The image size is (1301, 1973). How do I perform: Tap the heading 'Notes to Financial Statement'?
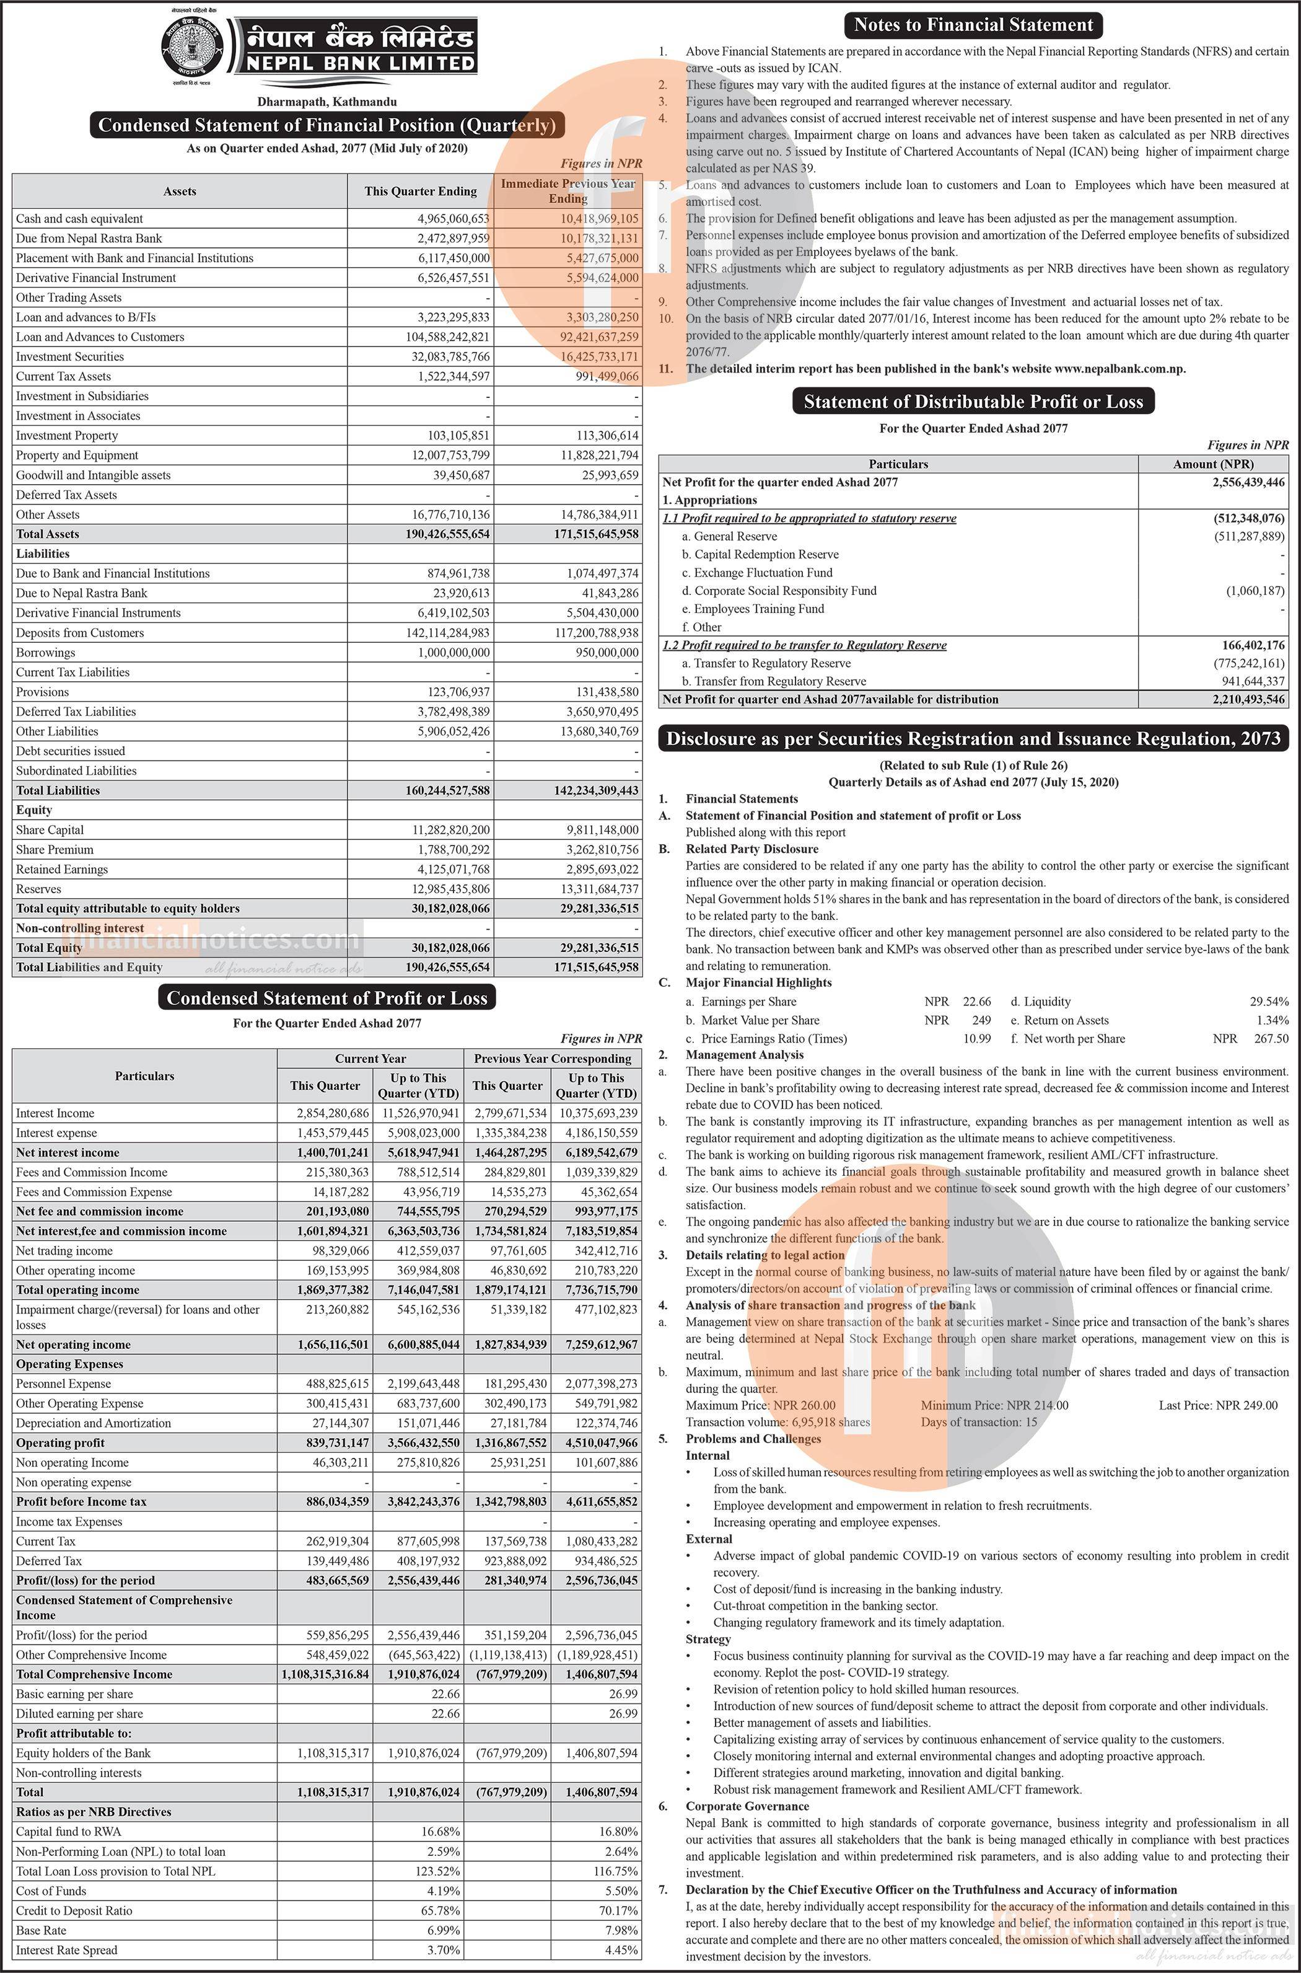(973, 25)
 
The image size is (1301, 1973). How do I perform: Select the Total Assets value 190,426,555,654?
(448, 534)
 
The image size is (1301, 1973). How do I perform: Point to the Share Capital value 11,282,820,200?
(452, 829)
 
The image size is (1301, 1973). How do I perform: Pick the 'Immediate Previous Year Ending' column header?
(567, 191)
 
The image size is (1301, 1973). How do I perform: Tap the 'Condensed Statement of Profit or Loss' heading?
(327, 998)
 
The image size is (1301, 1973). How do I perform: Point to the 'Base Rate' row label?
(41, 1930)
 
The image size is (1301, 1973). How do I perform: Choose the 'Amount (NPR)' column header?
(1213, 464)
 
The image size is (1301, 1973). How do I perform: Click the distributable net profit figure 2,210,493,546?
(1248, 699)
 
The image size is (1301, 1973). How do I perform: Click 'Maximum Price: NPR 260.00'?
(760, 1405)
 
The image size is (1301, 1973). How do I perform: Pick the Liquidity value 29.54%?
(1269, 1001)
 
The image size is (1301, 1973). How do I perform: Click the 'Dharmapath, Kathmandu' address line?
(327, 101)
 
